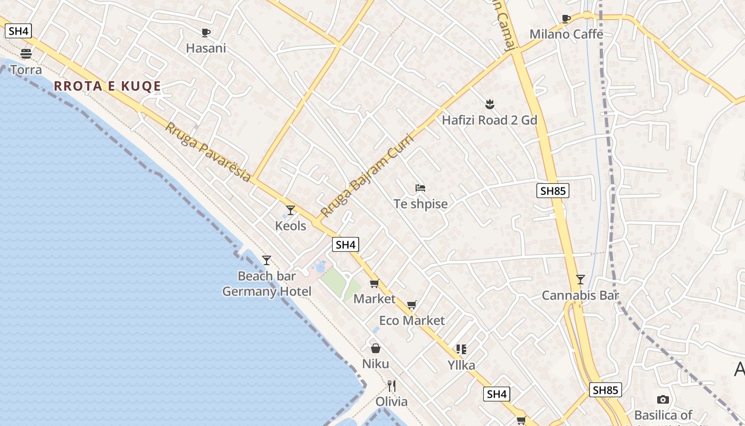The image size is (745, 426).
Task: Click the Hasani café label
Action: click(206, 48)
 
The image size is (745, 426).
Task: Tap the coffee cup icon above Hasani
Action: click(206, 32)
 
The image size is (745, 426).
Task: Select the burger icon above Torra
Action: click(26, 53)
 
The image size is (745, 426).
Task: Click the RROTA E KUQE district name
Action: click(107, 86)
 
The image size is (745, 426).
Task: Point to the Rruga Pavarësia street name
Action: click(208, 152)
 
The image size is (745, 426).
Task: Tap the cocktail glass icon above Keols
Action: click(291, 210)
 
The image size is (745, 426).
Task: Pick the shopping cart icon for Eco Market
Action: click(411, 305)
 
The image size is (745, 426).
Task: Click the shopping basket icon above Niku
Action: click(376, 348)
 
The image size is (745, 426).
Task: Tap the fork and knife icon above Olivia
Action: click(392, 386)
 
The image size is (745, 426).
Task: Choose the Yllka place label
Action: click(461, 365)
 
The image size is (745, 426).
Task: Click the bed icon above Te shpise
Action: click(420, 188)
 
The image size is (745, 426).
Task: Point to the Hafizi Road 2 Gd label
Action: click(490, 120)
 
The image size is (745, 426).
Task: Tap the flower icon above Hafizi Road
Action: click(490, 104)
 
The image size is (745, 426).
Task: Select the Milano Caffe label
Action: click(566, 35)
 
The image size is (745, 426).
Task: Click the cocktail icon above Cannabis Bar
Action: click(581, 279)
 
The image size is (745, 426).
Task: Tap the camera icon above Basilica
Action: click(663, 399)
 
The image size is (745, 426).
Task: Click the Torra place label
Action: click(26, 70)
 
